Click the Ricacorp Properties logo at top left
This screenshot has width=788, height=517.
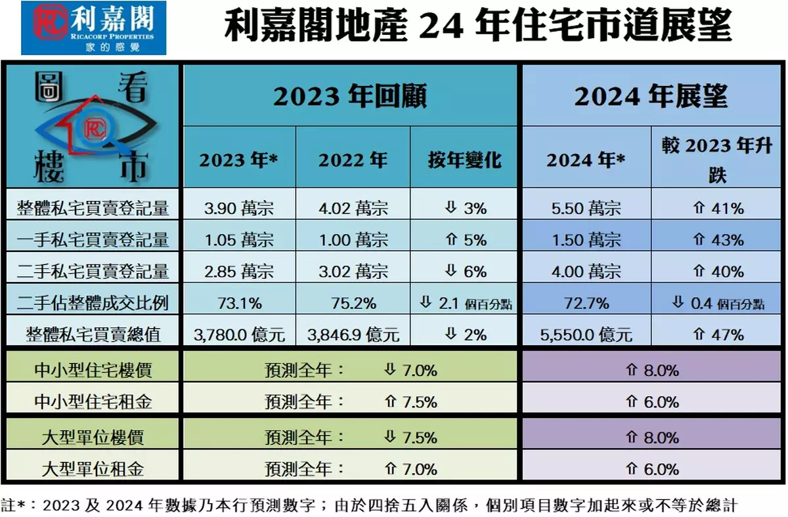(93, 28)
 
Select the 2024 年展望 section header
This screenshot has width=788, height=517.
(651, 96)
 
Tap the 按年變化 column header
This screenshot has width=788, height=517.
(465, 159)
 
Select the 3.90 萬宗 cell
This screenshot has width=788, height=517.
(239, 209)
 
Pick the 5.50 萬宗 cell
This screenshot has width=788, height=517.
(586, 209)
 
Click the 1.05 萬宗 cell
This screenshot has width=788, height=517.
(239, 240)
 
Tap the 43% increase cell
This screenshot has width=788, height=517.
(719, 240)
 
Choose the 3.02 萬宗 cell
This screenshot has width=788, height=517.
(353, 272)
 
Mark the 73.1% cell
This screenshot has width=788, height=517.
(239, 303)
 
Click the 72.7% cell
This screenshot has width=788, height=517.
(586, 303)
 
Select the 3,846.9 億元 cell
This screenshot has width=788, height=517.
(353, 335)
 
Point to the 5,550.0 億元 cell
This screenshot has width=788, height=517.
(586, 335)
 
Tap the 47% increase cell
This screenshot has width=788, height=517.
(719, 335)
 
